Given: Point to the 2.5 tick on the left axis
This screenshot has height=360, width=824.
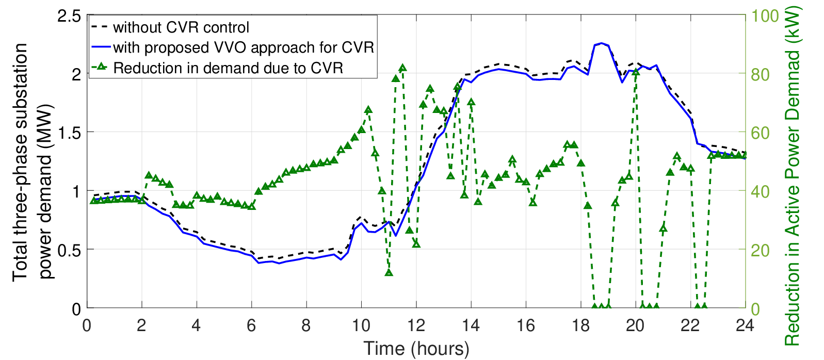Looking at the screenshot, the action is (69, 16).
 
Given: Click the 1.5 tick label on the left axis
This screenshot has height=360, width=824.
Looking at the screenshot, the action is (69, 133).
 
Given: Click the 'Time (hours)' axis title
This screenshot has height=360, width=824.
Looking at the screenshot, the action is (416, 348).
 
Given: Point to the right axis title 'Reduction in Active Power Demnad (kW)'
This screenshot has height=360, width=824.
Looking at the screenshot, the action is (793, 176).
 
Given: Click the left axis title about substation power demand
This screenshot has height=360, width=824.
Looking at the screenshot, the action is (33, 162).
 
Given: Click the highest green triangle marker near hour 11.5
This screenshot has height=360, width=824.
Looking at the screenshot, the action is (402, 68).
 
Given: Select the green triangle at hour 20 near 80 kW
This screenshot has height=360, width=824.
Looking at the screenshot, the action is (636, 72).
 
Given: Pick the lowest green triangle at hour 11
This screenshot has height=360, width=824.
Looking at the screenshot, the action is (389, 272).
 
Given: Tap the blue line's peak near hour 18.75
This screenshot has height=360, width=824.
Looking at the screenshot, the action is (601, 43).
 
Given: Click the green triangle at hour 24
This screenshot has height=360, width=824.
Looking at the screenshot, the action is (745, 155).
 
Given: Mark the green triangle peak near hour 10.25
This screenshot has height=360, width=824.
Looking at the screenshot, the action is (368, 110).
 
